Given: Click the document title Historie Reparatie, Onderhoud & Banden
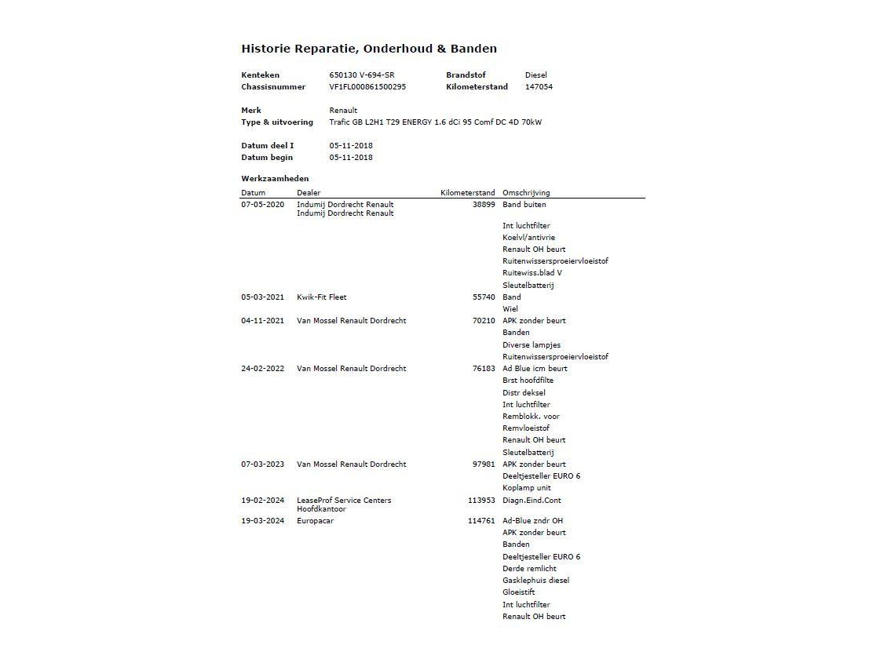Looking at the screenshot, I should click(368, 49).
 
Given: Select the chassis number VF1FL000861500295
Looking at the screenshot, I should click(367, 87).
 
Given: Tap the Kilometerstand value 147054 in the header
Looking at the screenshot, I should click(539, 87).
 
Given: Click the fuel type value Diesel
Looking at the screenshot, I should click(536, 75).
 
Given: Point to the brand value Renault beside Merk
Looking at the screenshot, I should click(343, 111).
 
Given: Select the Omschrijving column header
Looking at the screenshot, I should click(526, 193).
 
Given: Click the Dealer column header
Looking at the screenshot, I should click(309, 193).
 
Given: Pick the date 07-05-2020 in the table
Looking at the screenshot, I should click(262, 205).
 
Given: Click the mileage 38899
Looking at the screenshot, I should click(484, 205).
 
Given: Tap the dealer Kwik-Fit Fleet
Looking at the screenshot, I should click(321, 297).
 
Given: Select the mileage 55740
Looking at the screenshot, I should click(484, 297).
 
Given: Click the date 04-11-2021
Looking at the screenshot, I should click(262, 321).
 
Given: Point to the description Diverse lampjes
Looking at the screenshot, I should click(531, 345).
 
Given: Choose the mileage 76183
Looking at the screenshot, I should click(484, 369).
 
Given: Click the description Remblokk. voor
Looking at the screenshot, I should click(531, 417).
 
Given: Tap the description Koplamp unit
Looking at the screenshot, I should click(527, 488).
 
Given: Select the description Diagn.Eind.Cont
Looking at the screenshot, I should click(531, 501).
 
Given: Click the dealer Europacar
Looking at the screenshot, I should click(315, 521).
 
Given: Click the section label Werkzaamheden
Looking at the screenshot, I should click(275, 179).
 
